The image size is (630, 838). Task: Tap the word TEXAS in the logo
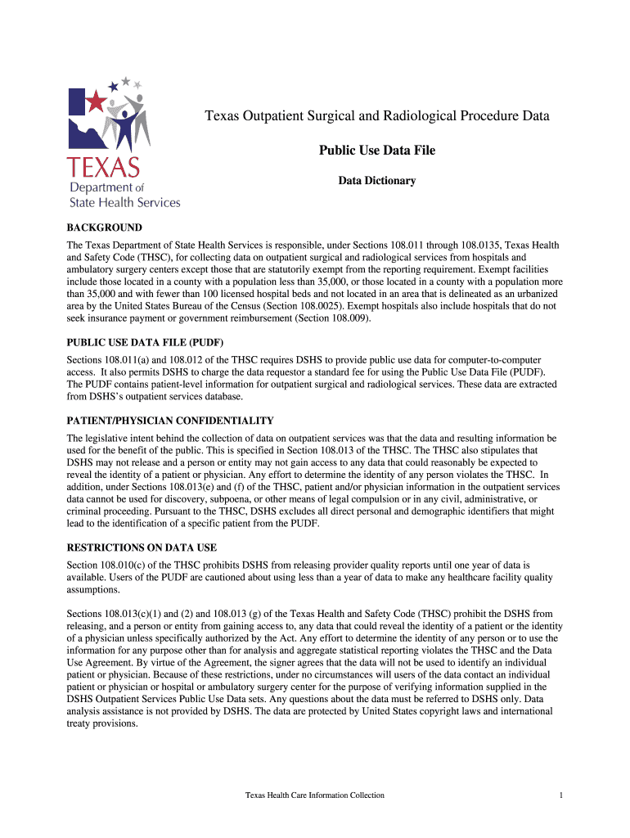[104, 169]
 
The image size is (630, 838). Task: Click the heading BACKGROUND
[104, 228]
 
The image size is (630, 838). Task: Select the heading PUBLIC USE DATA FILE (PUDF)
[145, 342]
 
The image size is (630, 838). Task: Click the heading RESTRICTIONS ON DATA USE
[142, 547]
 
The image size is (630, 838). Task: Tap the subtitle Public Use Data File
[376, 151]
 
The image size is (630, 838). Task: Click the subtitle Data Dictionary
[376, 180]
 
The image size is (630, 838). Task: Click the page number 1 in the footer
[561, 795]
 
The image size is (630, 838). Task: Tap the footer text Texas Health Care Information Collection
[315, 795]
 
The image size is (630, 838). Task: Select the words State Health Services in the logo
[124, 202]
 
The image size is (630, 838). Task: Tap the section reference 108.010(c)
[126, 565]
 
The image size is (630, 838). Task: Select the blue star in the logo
[125, 81]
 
